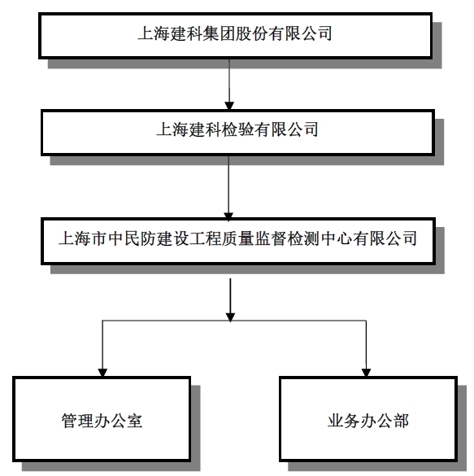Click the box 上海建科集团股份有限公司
pyautogui.click(x=235, y=36)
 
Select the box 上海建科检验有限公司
pyautogui.click(x=237, y=133)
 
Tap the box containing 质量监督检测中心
pyautogui.click(x=238, y=241)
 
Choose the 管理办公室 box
pyautogui.click(x=102, y=419)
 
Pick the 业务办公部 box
pyautogui.click(x=368, y=419)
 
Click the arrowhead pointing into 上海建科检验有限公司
pyautogui.click(x=229, y=105)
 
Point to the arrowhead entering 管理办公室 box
pyautogui.click(x=102, y=373)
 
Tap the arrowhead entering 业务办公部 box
pyautogui.click(x=366, y=373)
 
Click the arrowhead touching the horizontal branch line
pyautogui.click(x=230, y=317)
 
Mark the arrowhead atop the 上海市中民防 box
pyautogui.click(x=228, y=216)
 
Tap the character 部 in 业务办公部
pyautogui.click(x=401, y=421)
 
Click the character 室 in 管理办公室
pyautogui.click(x=134, y=421)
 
